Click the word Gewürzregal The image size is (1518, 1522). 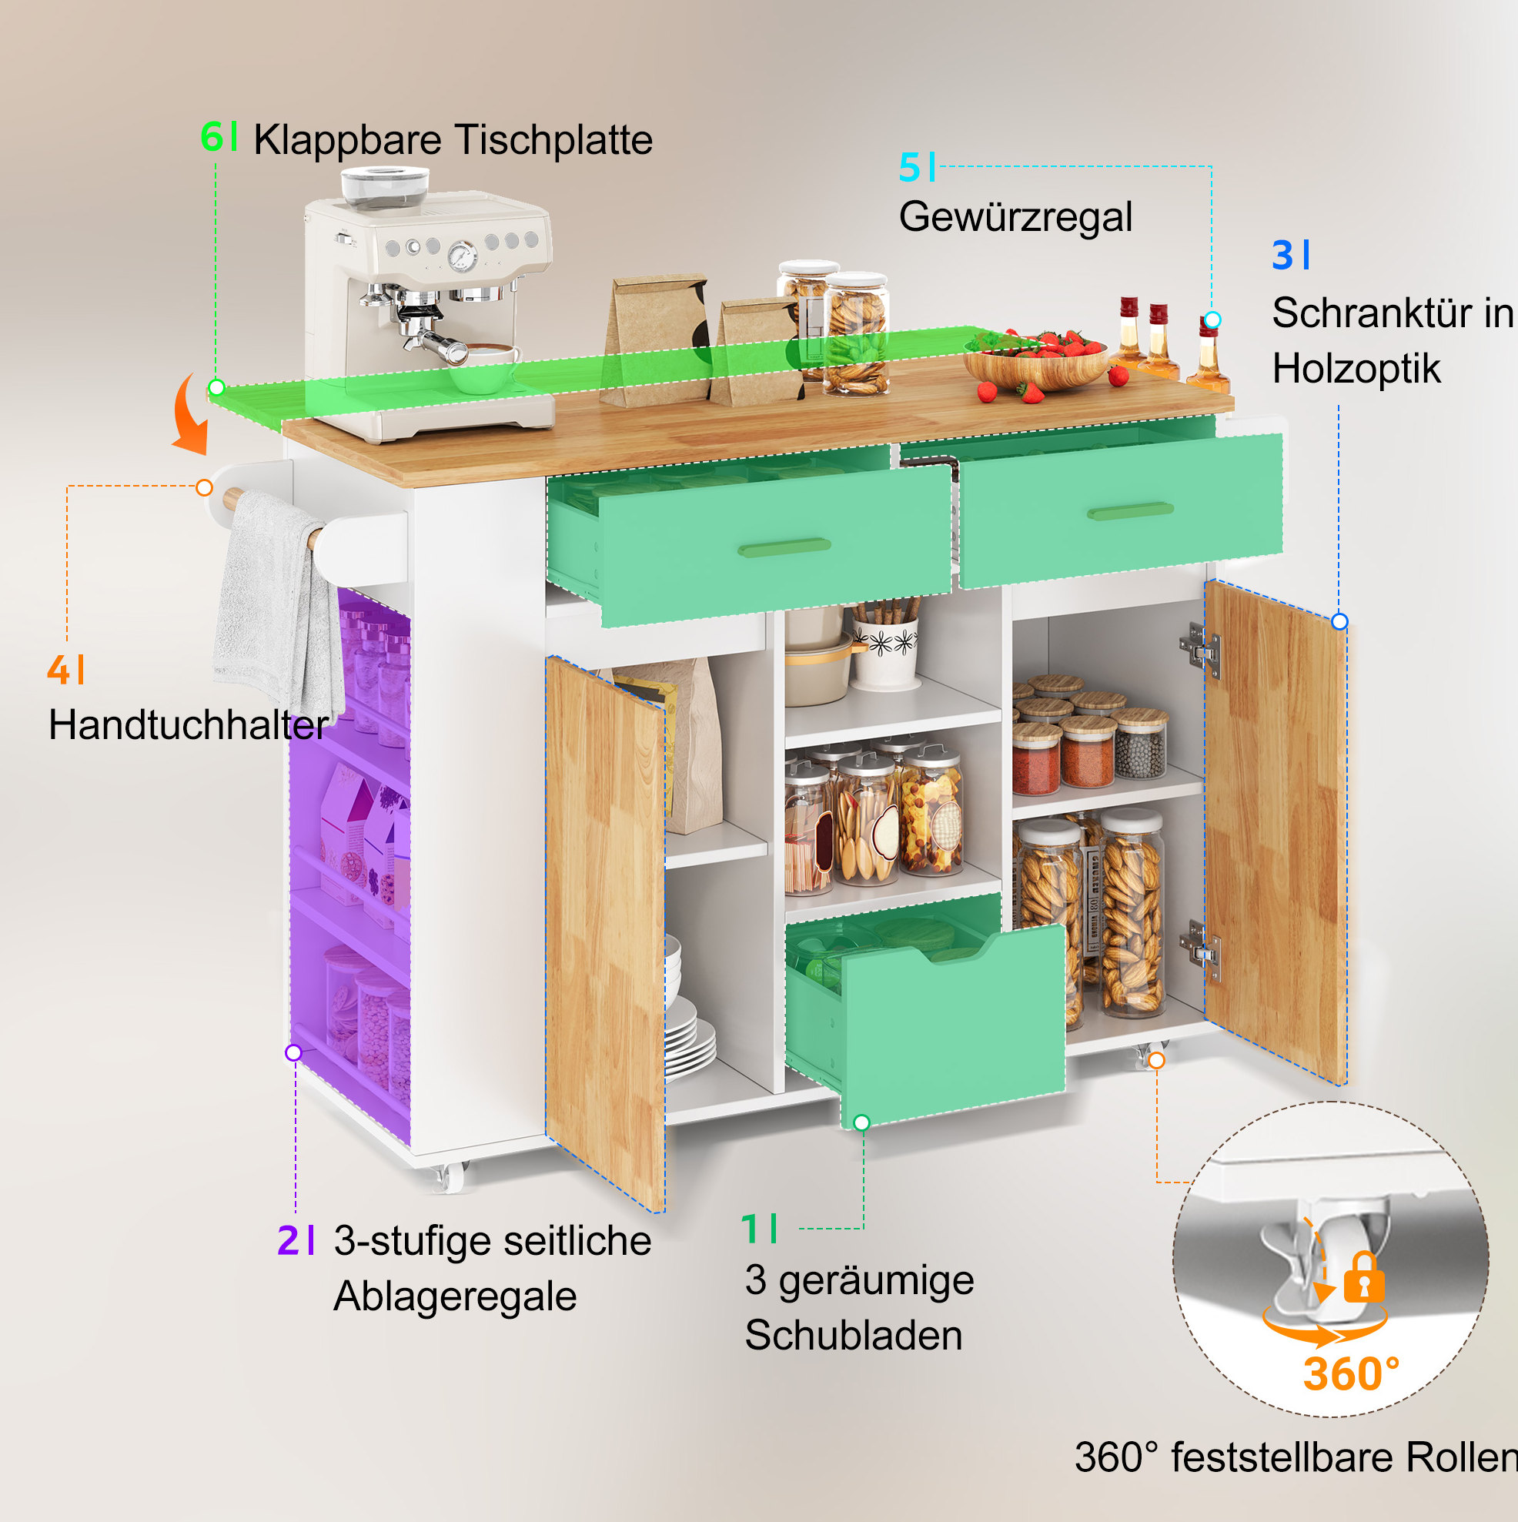(1015, 218)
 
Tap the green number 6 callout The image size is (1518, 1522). (212, 136)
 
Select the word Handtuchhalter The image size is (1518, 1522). (189, 724)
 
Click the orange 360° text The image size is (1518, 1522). (1351, 1374)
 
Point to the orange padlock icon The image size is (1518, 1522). (1363, 1279)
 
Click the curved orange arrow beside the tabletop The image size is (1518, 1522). (190, 414)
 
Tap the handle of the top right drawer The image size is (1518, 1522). (1131, 511)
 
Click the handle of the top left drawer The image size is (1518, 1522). (784, 547)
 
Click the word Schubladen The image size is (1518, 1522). (853, 1334)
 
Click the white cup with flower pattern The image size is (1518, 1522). (885, 652)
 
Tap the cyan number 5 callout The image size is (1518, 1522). (909, 168)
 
